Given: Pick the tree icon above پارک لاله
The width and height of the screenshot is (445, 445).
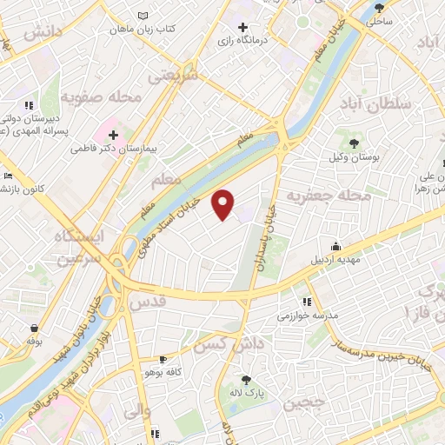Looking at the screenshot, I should pyautogui.click(x=246, y=380).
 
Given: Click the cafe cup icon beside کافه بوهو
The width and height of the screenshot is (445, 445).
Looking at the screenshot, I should pyautogui.click(x=163, y=360).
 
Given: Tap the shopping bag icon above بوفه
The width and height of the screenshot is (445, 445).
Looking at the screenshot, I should pyautogui.click(x=33, y=329).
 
